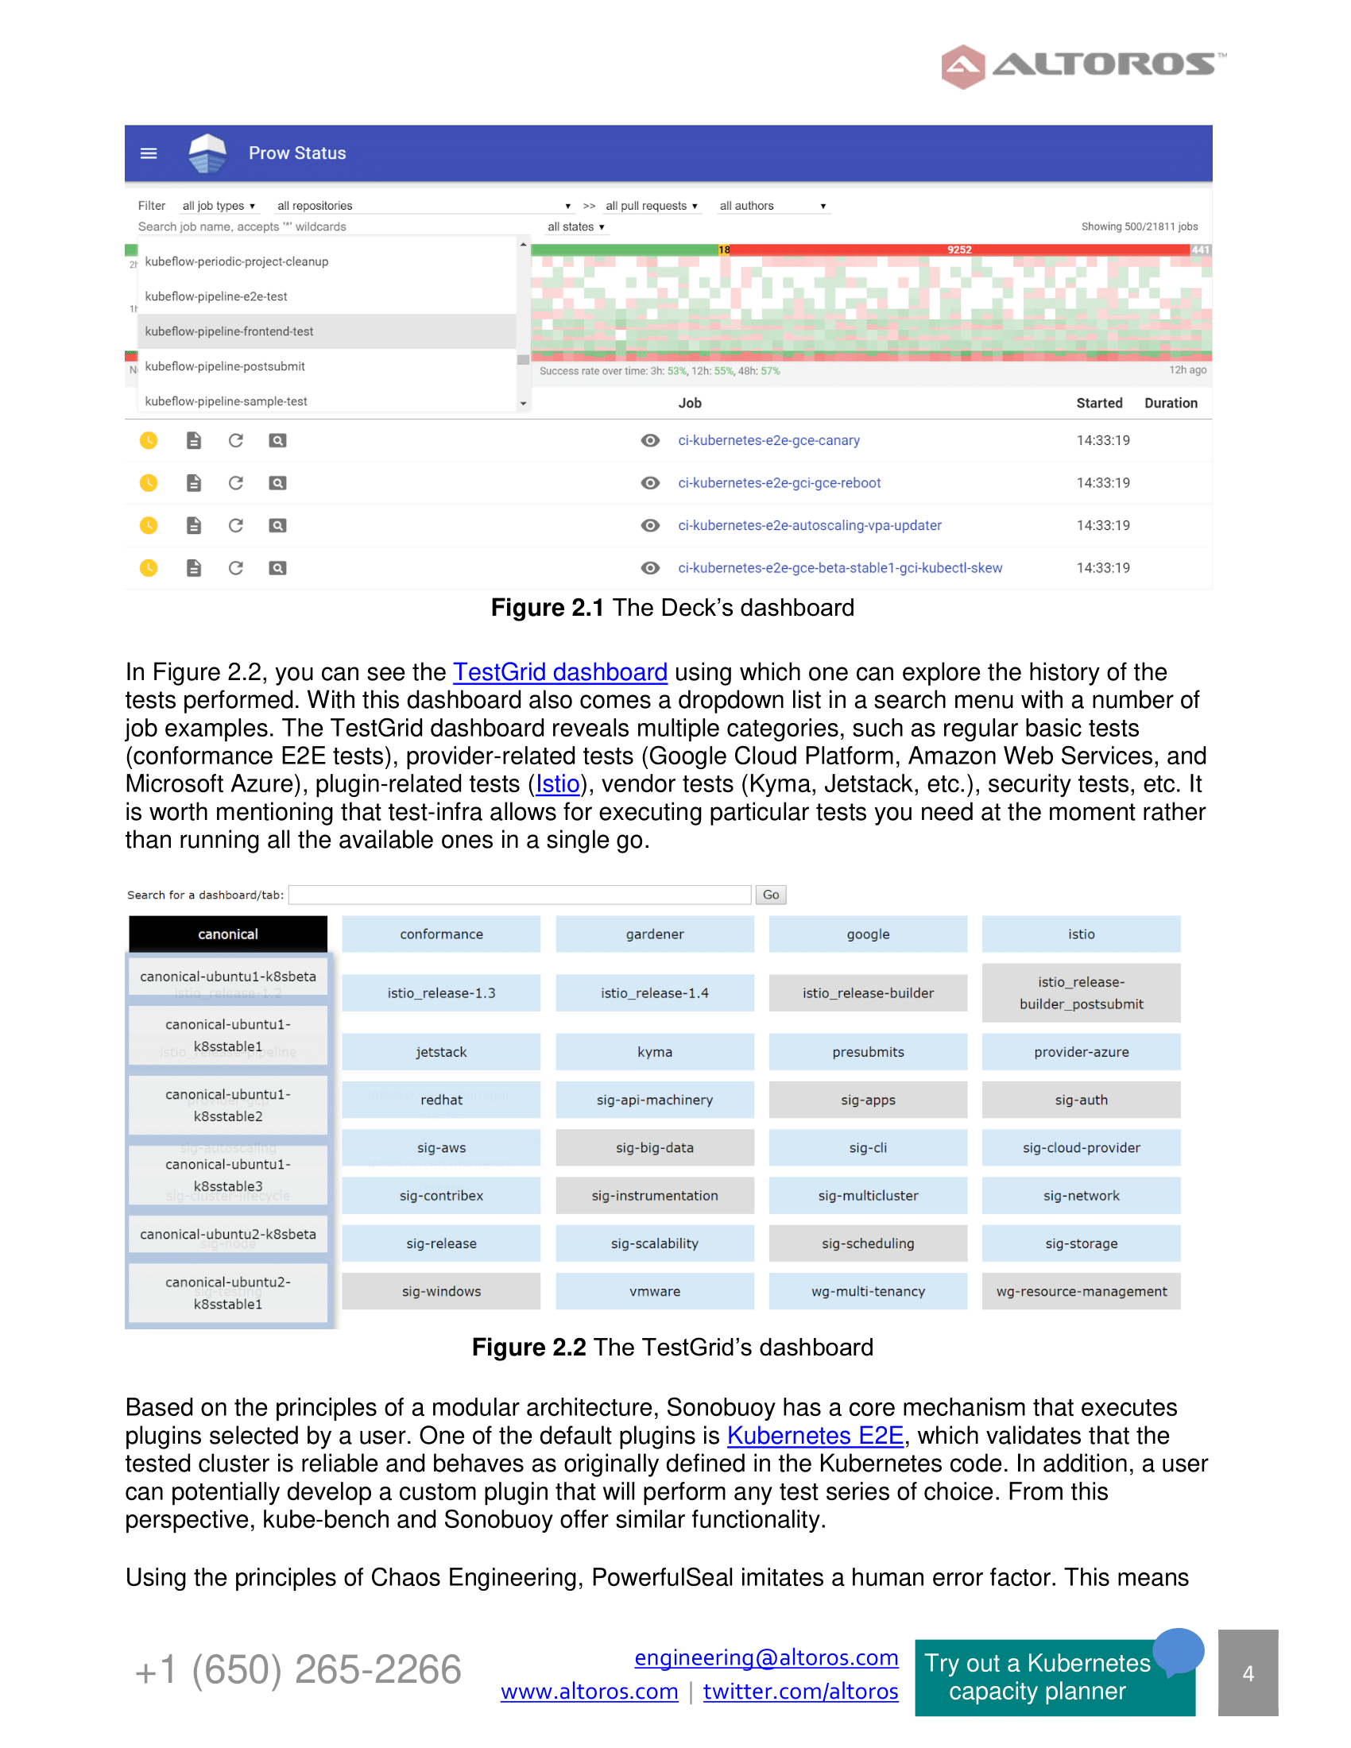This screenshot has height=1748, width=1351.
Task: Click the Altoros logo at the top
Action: click(x=1082, y=66)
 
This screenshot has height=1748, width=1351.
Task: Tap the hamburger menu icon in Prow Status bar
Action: click(x=149, y=153)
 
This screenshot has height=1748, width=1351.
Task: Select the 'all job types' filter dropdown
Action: click(x=219, y=206)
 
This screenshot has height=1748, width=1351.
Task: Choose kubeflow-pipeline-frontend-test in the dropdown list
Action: click(x=229, y=331)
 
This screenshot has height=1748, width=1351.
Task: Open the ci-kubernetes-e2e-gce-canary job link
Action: click(x=768, y=440)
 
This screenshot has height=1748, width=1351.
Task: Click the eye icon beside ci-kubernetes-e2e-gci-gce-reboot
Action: click(x=650, y=482)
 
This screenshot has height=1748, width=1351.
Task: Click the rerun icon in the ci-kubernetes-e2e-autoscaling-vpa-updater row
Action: click(x=235, y=525)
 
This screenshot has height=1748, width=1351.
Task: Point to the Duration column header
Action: click(x=1170, y=404)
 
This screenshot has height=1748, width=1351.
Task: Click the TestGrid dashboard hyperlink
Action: click(x=559, y=672)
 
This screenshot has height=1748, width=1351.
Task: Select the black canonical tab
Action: click(x=228, y=934)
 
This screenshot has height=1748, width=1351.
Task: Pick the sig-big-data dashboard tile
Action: click(x=654, y=1148)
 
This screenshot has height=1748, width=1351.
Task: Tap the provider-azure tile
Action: click(x=1081, y=1052)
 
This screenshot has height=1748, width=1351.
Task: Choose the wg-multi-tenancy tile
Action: click(x=868, y=1291)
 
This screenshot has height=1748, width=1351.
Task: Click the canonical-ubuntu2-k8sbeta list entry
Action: click(x=228, y=1234)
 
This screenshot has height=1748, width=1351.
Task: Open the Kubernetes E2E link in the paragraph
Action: click(x=815, y=1436)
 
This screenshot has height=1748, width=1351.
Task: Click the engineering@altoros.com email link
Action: click(x=766, y=1657)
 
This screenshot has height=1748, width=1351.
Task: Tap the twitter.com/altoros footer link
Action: click(x=800, y=1691)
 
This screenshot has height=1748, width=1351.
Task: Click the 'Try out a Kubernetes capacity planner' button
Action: click(x=1037, y=1676)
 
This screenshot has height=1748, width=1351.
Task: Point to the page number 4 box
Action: click(x=1247, y=1673)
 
